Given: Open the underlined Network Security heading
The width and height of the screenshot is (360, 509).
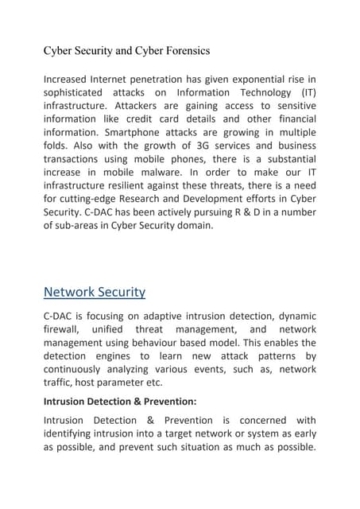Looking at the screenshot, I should click(x=95, y=292).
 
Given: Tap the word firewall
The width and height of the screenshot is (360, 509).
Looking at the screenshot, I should click(x=64, y=328).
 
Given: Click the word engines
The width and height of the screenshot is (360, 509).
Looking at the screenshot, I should click(x=121, y=356).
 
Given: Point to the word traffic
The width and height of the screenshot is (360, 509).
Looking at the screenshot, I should click(x=60, y=383).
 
